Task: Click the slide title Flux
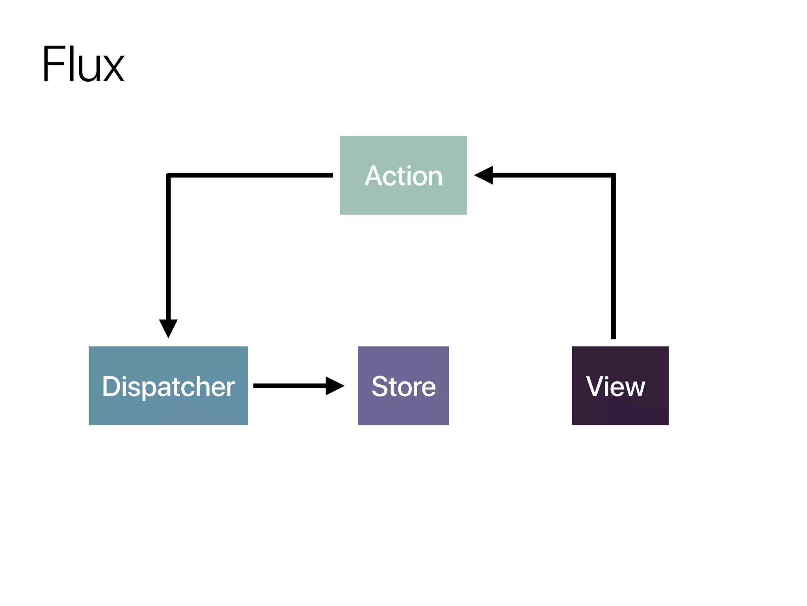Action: tap(83, 64)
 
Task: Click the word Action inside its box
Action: tap(403, 176)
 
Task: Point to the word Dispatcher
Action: tap(168, 386)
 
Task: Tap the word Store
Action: tap(403, 386)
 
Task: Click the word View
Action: tap(615, 386)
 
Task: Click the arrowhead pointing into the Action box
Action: tap(485, 175)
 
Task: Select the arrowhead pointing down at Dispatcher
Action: tap(168, 327)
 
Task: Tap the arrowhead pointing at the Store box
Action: tap(334, 386)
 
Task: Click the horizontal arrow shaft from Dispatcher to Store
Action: tap(290, 386)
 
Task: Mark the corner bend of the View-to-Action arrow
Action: tap(613, 176)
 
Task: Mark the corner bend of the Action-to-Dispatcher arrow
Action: tap(169, 176)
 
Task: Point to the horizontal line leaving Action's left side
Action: tap(252, 175)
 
